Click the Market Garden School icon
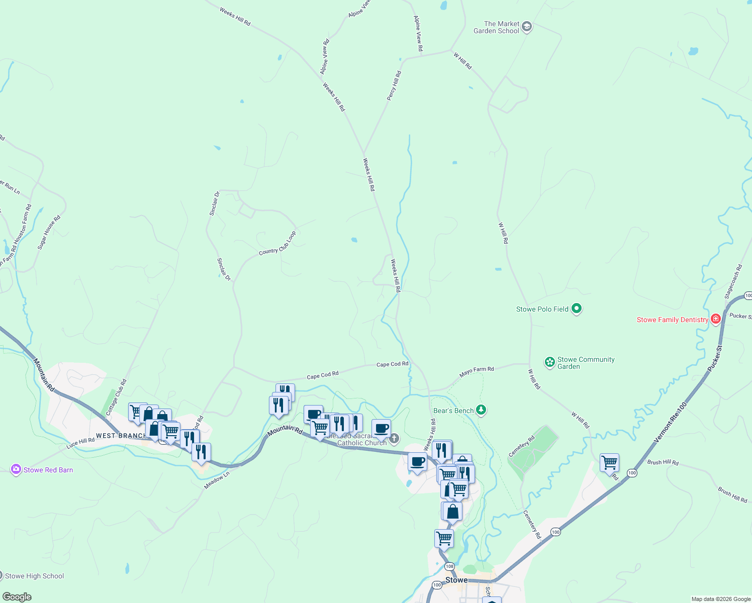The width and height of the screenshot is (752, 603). (526, 27)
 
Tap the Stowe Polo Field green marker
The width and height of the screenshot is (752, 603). (577, 309)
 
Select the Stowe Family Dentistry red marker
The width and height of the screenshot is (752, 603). (715, 320)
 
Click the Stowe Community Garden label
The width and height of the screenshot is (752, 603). (585, 363)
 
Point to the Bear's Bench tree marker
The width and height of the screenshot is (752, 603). (481, 411)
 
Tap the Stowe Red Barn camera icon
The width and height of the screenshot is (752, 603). (16, 470)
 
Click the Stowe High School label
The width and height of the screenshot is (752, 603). (34, 576)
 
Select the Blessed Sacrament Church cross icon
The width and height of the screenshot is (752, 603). (394, 439)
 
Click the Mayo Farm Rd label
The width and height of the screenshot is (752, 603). (477, 372)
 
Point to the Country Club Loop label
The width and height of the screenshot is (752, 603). (277, 243)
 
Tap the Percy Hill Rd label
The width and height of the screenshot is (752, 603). (394, 85)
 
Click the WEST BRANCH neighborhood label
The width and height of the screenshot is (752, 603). (121, 436)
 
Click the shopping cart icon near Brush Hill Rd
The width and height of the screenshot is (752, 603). (609, 462)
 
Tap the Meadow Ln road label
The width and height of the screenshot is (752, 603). (217, 480)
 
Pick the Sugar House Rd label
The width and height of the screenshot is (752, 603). (49, 232)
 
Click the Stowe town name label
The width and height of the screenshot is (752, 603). (456, 580)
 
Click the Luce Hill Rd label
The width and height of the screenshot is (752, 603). (80, 443)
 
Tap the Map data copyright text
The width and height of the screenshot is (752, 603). (720, 599)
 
